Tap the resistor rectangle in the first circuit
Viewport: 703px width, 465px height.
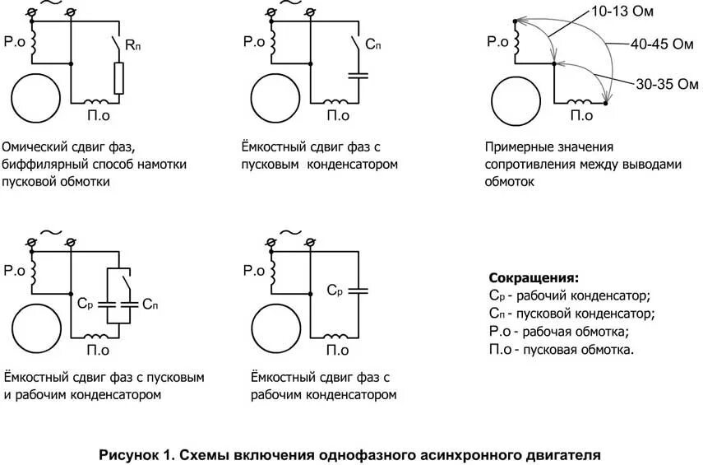click(119, 78)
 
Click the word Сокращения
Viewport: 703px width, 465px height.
click(534, 277)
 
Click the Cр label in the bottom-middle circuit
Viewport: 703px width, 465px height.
click(334, 290)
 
